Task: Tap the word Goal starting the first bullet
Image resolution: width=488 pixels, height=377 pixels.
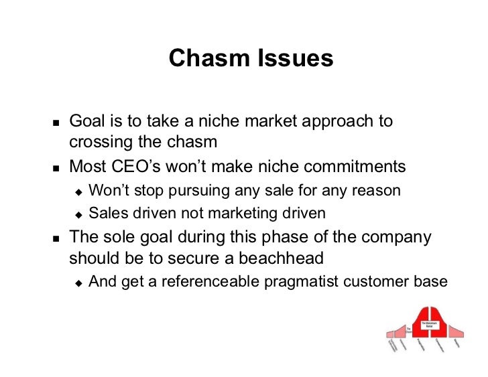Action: pos(84,122)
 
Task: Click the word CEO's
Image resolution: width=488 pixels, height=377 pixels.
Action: pos(144,166)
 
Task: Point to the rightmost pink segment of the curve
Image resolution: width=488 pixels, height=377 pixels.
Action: pos(455,331)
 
